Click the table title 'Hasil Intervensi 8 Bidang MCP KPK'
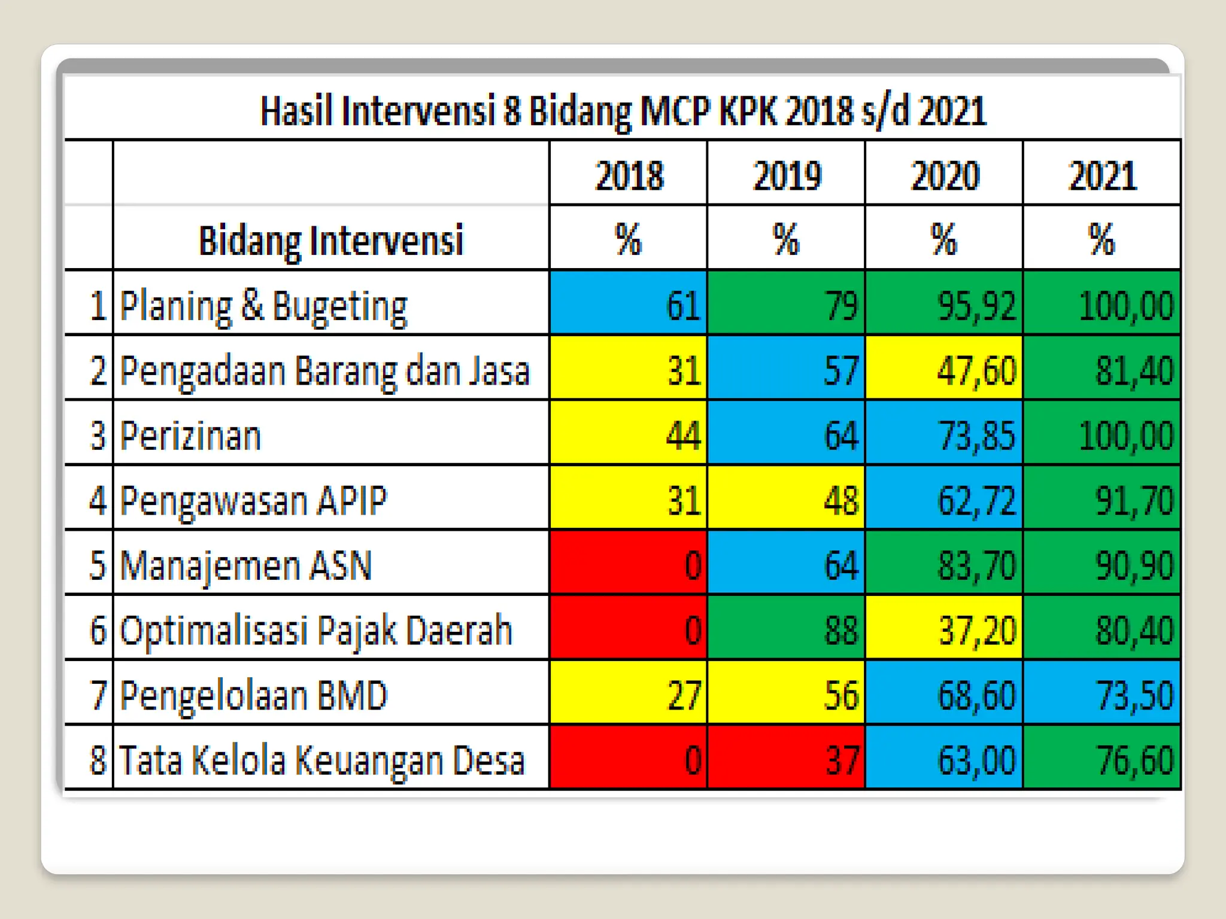point(623,112)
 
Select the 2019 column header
point(787,175)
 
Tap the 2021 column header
point(1102,175)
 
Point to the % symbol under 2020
point(944,239)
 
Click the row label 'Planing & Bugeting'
point(263,306)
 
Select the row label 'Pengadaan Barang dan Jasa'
point(325,371)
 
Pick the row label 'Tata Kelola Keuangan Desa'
point(322,760)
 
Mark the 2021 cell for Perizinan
point(1102,434)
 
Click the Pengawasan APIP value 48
point(787,500)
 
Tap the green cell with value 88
point(787,629)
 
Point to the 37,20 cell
point(944,629)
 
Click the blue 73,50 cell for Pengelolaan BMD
point(1102,694)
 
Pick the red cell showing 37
point(787,759)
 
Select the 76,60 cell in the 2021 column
point(1102,759)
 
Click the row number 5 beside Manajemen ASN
point(98,565)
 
